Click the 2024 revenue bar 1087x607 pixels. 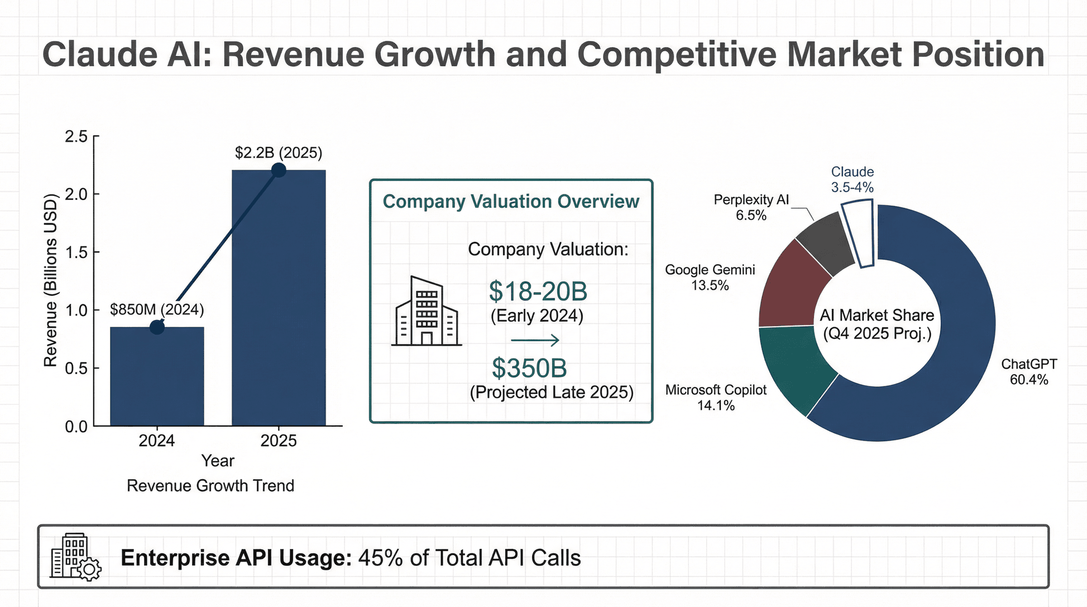click(x=157, y=380)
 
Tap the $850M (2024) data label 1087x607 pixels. click(x=157, y=309)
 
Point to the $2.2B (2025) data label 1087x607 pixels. click(x=279, y=152)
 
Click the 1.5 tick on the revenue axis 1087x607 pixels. click(x=76, y=252)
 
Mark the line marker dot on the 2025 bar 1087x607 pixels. click(x=279, y=170)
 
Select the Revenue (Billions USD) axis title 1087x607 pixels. click(x=51, y=280)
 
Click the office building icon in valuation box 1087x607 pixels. click(x=427, y=311)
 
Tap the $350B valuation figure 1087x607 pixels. click(x=529, y=368)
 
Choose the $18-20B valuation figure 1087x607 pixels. click(x=538, y=291)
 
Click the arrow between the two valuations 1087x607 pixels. click(x=535, y=340)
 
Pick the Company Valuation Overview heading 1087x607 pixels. click(x=511, y=202)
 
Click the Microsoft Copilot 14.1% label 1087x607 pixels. click(x=716, y=398)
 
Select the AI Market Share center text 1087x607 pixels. click(x=877, y=324)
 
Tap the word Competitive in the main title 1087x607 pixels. click(x=676, y=54)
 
